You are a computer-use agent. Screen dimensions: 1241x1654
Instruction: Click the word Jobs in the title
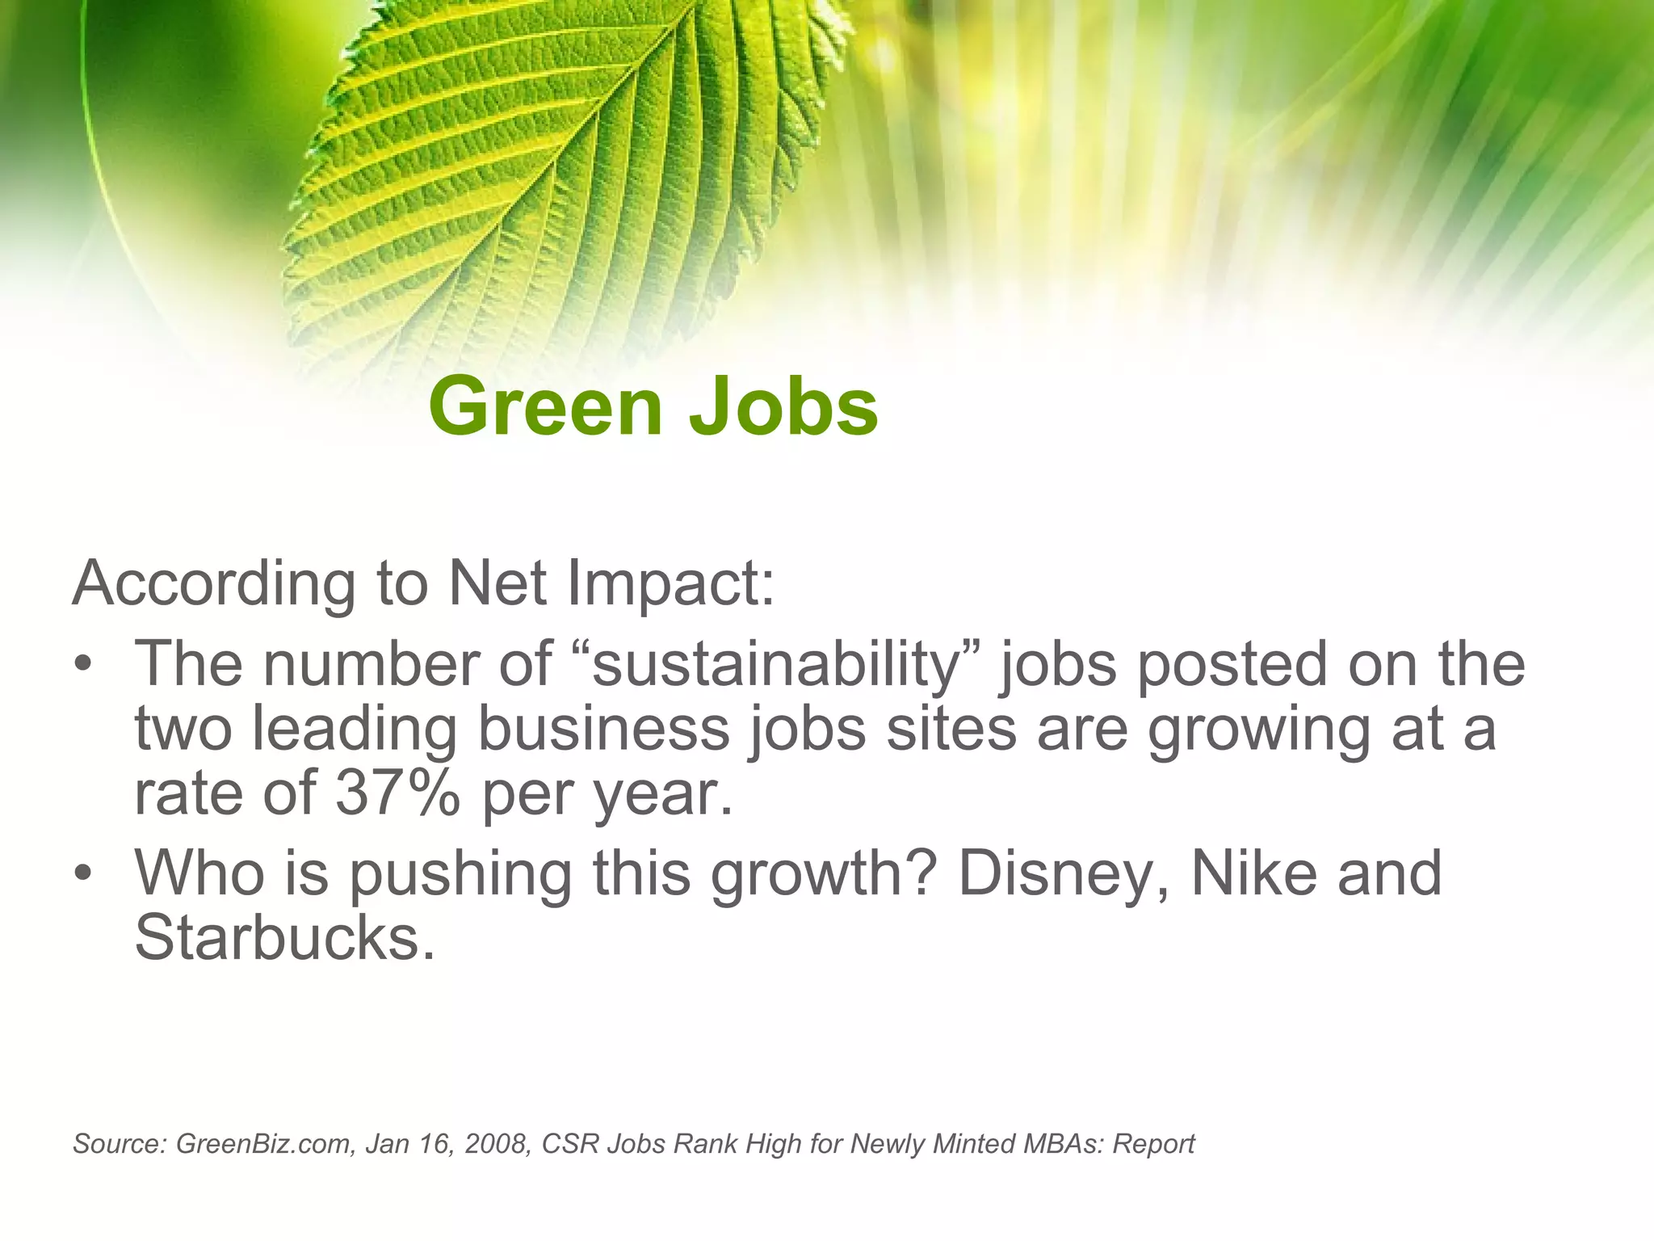click(x=783, y=406)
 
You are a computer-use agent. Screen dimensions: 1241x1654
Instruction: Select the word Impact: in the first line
click(x=670, y=583)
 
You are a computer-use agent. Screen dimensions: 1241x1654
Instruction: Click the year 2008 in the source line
click(x=495, y=1144)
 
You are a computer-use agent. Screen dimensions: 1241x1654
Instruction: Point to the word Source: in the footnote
click(x=120, y=1144)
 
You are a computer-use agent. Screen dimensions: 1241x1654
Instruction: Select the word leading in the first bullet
click(x=355, y=730)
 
